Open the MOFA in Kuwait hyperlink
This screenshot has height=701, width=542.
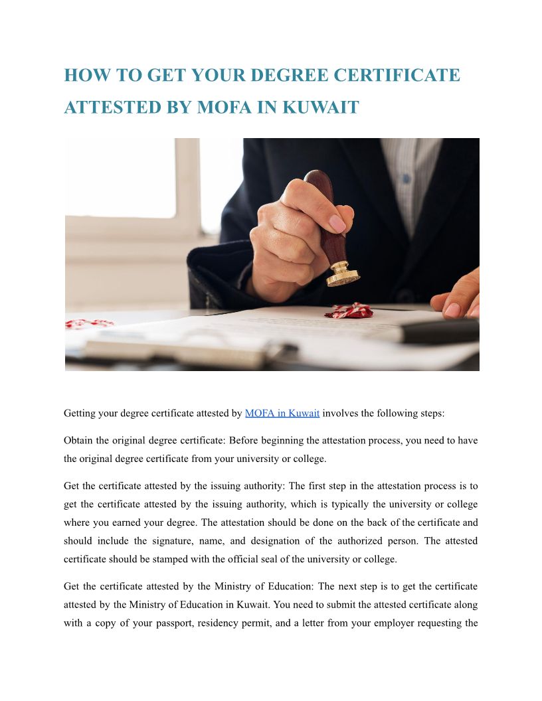click(282, 413)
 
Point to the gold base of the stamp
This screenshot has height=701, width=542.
click(343, 273)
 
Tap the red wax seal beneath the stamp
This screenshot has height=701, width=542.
click(349, 310)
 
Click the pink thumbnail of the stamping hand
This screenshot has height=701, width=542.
click(337, 224)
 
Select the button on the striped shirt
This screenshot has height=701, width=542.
click(405, 179)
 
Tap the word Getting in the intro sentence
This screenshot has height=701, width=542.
click(82, 413)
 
